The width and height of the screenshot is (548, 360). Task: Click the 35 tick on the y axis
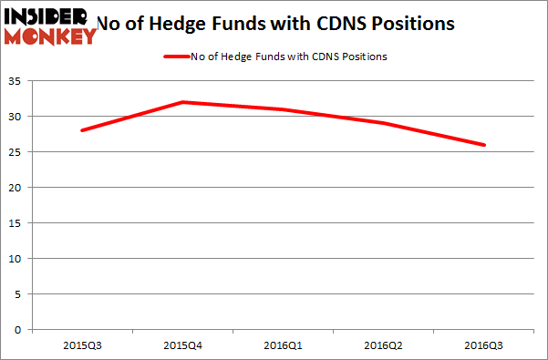(17, 81)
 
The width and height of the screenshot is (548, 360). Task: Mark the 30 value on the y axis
(17, 117)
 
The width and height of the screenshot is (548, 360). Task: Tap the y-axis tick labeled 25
(17, 152)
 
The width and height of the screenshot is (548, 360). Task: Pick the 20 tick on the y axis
(17, 188)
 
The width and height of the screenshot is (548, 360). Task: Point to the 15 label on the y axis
(17, 223)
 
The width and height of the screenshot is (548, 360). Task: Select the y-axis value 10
(17, 259)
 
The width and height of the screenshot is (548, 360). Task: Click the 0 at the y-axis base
(20, 330)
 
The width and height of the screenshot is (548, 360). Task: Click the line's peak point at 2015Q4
(182, 102)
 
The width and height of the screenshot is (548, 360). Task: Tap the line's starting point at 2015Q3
(82, 130)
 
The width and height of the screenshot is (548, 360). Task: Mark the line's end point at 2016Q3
(484, 145)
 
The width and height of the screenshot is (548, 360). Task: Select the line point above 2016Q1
(284, 109)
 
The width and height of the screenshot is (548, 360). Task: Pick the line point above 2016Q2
(384, 123)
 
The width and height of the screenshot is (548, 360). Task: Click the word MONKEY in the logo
(51, 36)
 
